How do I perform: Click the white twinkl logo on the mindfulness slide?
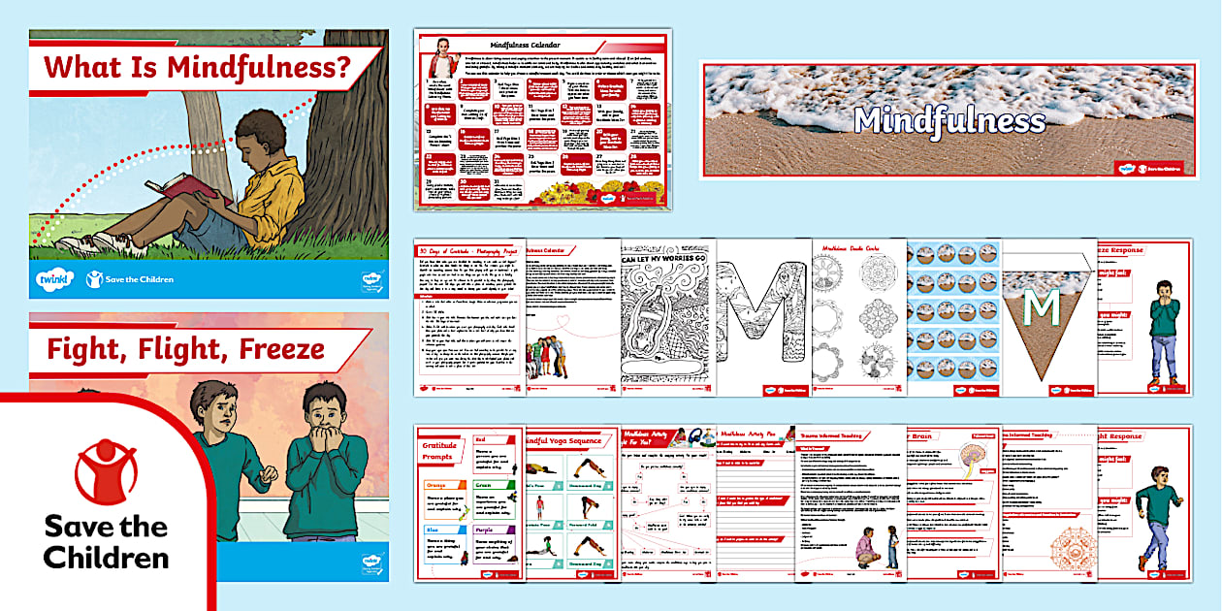[x=53, y=280]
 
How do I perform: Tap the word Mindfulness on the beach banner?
[x=949, y=120]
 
